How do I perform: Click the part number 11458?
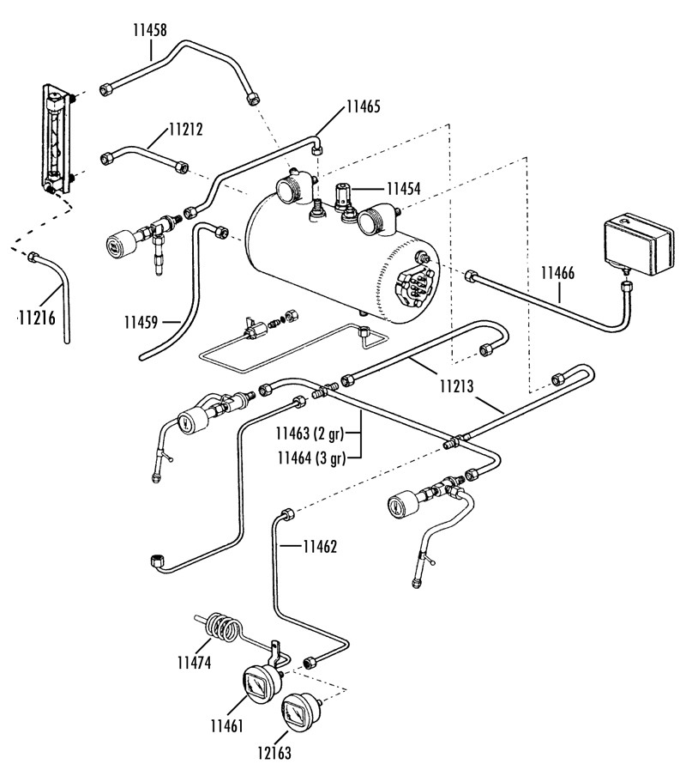[x=150, y=30]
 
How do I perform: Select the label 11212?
[x=186, y=130]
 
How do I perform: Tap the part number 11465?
[x=363, y=106]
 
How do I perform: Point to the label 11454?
[x=403, y=189]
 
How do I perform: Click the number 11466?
[x=557, y=273]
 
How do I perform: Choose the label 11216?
[x=37, y=318]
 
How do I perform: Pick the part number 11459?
[x=141, y=323]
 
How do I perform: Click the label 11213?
[x=457, y=386]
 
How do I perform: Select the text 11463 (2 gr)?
[x=310, y=434]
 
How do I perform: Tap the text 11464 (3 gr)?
[x=311, y=458]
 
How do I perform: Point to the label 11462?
[x=320, y=547]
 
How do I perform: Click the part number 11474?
[x=195, y=663]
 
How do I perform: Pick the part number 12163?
[x=274, y=752]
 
